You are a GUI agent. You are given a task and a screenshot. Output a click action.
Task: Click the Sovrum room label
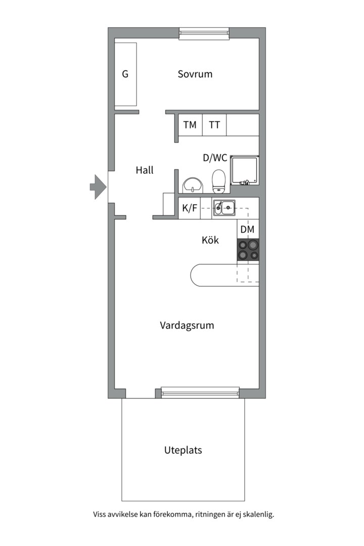[195, 74]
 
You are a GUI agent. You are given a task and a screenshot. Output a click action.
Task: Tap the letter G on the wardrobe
[125, 74]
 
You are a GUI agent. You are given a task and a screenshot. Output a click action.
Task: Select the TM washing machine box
[190, 125]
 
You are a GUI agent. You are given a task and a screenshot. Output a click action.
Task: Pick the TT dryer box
[214, 125]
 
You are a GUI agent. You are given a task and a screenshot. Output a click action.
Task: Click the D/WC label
[215, 158]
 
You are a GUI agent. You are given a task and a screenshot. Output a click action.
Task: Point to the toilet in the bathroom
[219, 181]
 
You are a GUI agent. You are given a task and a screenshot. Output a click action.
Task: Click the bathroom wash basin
[193, 185]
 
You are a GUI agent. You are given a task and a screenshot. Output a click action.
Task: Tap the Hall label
[145, 170]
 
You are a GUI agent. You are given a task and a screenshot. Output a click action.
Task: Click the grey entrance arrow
[98, 187]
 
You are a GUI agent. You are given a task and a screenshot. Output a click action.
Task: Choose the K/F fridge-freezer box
[190, 208]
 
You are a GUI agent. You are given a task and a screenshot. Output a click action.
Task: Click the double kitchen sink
[224, 208]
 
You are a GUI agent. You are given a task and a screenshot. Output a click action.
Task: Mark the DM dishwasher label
[247, 229]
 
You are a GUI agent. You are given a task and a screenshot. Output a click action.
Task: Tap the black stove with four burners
[248, 250]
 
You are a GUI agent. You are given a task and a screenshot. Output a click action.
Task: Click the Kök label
[210, 240]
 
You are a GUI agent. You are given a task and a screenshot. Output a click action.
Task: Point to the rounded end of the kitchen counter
[191, 275]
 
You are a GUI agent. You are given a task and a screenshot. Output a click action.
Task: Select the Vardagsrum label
[187, 325]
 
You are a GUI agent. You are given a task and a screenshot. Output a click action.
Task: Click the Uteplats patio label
[183, 450]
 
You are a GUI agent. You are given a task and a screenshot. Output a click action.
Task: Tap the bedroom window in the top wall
[204, 33]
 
